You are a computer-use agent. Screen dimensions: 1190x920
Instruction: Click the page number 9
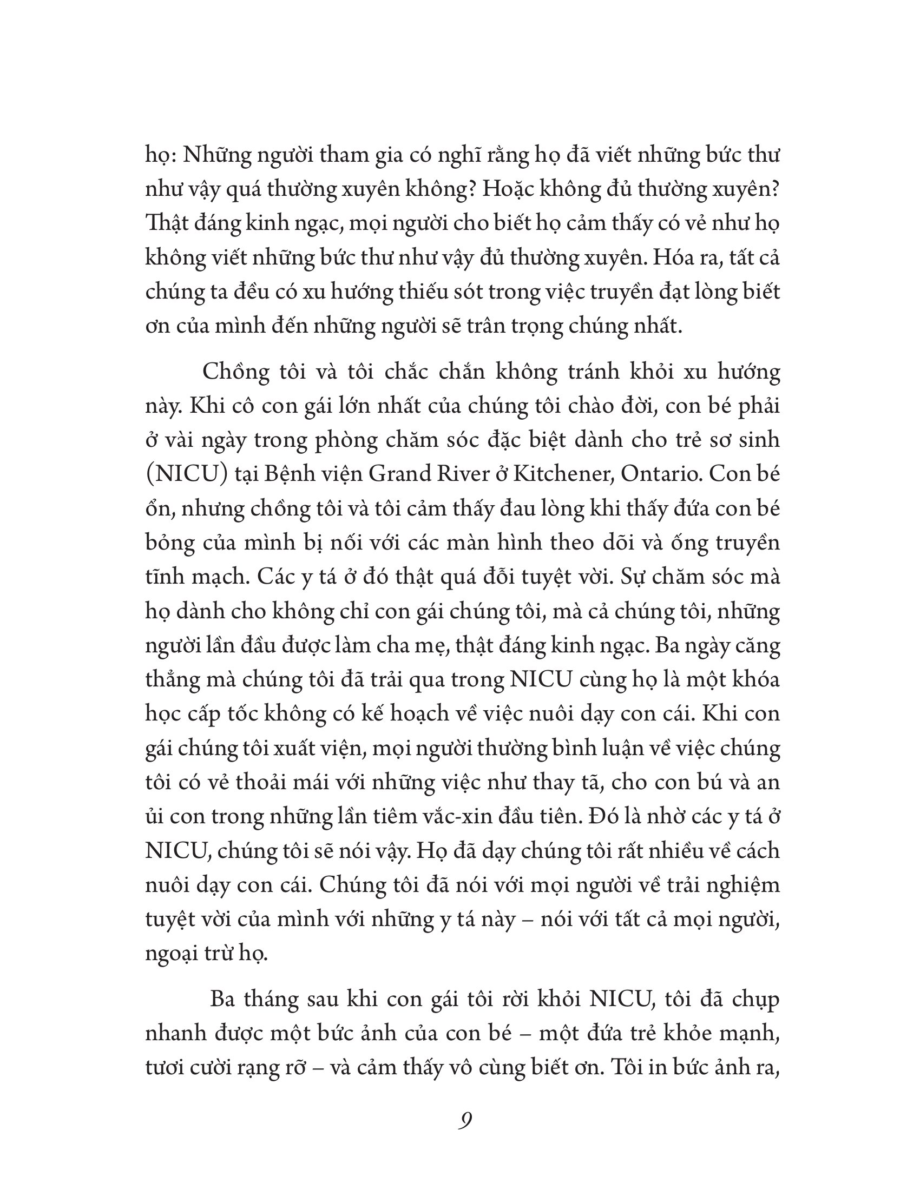click(x=465, y=1121)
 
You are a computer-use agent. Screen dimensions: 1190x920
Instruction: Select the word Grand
click(x=400, y=474)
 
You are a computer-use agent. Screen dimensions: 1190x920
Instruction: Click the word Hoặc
click(x=511, y=190)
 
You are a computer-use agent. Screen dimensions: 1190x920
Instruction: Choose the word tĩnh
click(x=165, y=577)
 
